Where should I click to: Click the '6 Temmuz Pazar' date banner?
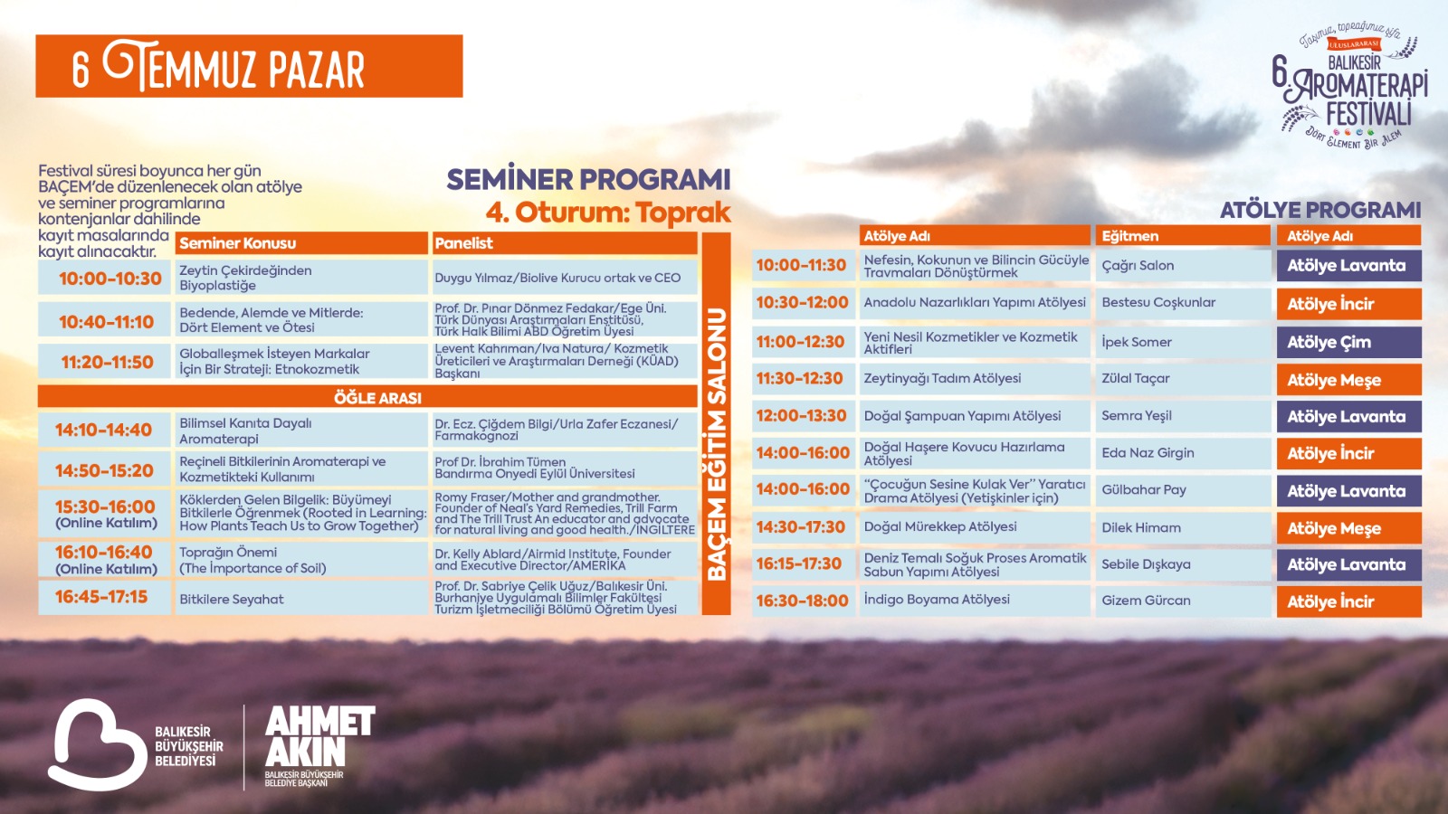[249, 66]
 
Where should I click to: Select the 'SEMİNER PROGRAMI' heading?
[588, 180]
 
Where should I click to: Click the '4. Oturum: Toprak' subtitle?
[608, 213]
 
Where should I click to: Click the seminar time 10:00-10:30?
[110, 279]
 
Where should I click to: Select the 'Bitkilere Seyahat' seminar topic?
[232, 599]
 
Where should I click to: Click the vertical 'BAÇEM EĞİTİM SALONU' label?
[716, 444]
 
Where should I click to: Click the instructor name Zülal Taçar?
[1135, 379]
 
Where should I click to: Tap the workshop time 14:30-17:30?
[800, 527]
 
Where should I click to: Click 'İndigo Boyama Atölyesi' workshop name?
[937, 600]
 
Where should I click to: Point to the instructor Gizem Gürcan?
[1146, 601]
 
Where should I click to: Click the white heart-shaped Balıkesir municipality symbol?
[97, 744]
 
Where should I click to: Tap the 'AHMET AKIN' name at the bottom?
[320, 736]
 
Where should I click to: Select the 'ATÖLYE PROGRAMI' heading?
[1320, 210]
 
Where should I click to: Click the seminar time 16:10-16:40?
[103, 553]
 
